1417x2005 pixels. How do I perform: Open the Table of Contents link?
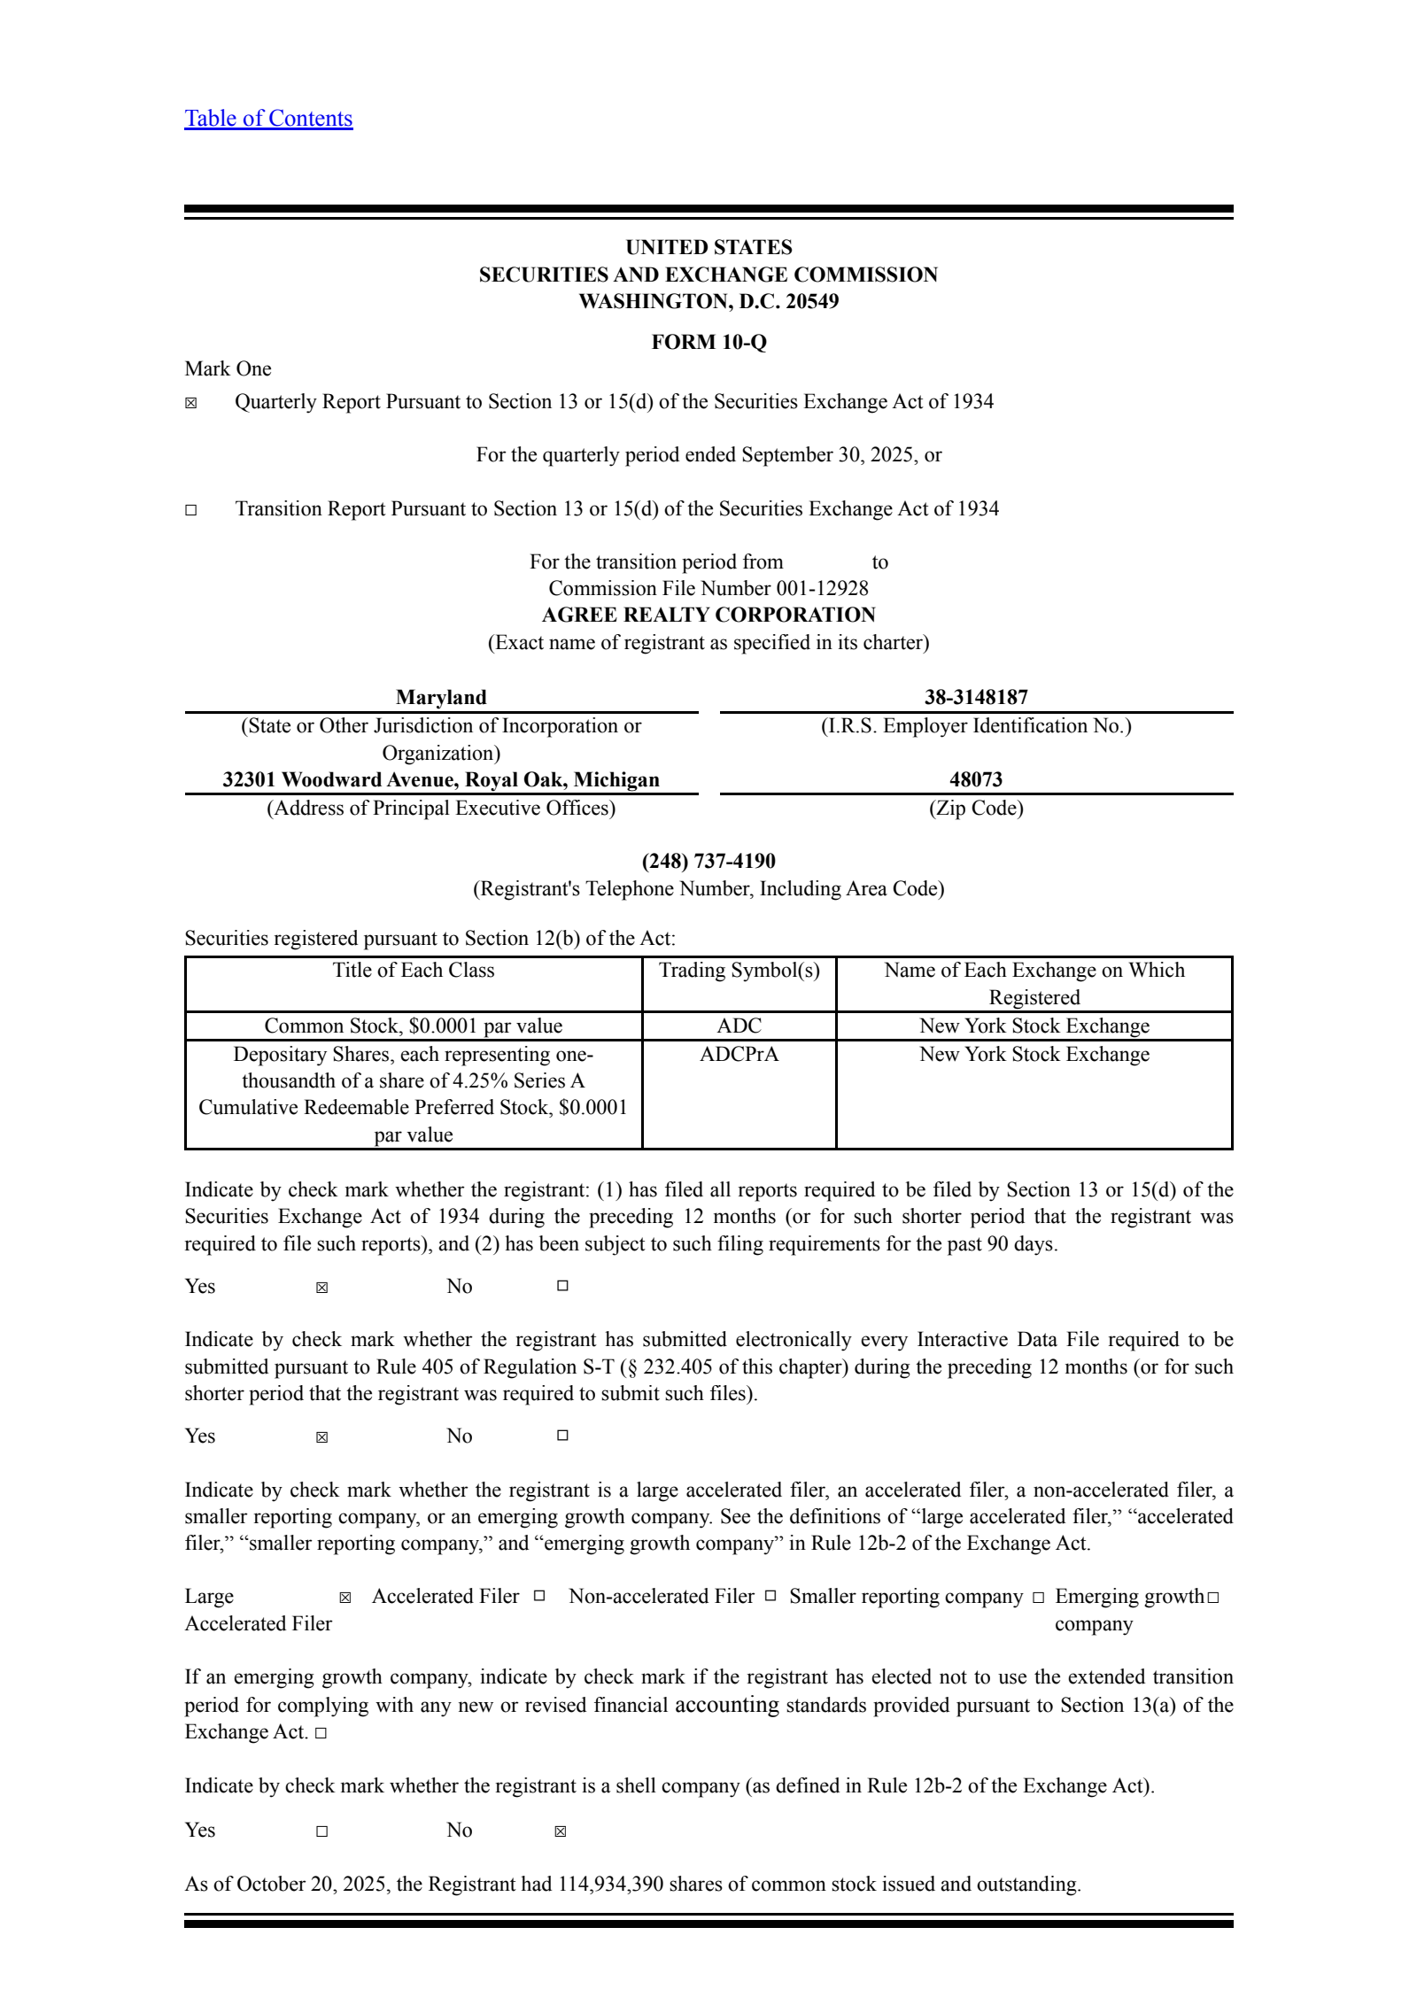tap(268, 119)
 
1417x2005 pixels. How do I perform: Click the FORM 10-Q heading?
tap(708, 342)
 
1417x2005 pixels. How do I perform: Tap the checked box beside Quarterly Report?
tap(191, 404)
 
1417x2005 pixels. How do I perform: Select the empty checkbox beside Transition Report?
tap(191, 510)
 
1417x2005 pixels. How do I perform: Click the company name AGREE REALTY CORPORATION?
tap(708, 615)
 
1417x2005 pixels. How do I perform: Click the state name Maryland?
tap(441, 697)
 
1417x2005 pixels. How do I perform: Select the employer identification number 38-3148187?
tap(976, 697)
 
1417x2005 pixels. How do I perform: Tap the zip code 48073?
tap(976, 779)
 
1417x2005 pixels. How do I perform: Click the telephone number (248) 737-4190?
tap(708, 861)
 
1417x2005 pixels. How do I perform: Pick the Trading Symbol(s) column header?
tap(739, 971)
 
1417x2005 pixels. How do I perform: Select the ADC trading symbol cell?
tap(739, 1026)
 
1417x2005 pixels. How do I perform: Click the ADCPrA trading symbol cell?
tap(739, 1054)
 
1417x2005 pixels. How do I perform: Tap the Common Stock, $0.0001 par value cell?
tap(414, 1026)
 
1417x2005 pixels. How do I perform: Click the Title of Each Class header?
tap(414, 971)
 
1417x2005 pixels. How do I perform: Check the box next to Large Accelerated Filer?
tap(345, 1598)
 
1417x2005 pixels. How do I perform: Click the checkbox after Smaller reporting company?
tap(1038, 1598)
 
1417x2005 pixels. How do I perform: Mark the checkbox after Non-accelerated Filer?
tap(770, 1596)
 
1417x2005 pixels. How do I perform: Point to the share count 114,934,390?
tap(610, 1884)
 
